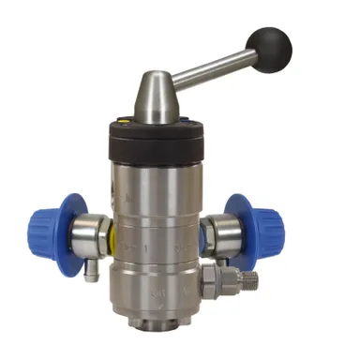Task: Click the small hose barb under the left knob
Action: coord(89,275)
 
